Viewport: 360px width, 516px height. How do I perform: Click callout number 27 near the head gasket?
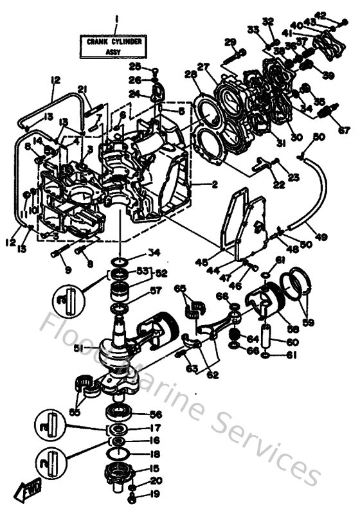204,66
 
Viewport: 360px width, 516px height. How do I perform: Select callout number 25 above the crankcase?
134,66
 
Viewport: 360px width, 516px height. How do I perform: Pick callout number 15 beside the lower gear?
154,468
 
